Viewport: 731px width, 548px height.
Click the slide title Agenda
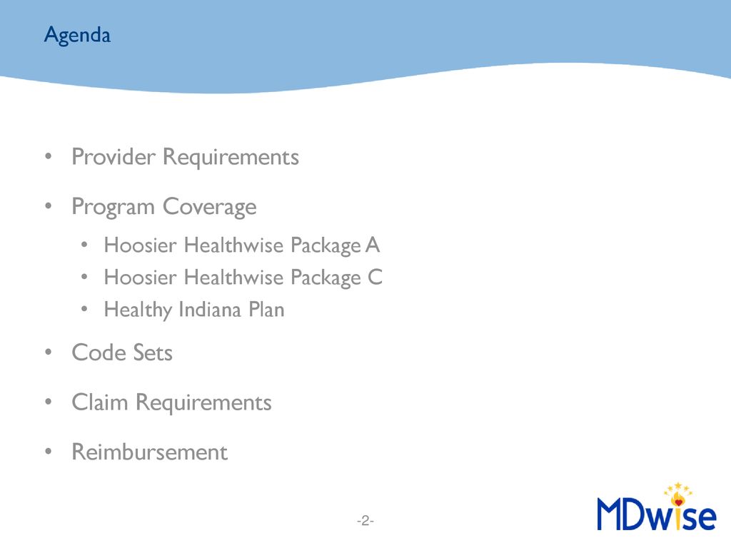click(77, 34)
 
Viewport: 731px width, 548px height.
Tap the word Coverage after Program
click(209, 207)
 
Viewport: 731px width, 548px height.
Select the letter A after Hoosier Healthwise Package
click(373, 245)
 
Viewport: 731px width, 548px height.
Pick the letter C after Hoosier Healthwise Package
click(375, 277)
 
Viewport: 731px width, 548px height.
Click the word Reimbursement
click(149, 452)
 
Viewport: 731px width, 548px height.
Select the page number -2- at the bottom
click(365, 522)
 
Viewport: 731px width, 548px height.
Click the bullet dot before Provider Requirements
click(48, 157)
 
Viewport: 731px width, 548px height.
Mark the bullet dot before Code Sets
click(48, 353)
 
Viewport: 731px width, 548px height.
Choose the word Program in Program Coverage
click(113, 208)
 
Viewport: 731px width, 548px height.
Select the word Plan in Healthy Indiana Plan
click(267, 310)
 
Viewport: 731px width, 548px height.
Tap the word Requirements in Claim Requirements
click(203, 403)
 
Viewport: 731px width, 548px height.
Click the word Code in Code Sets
click(97, 352)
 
